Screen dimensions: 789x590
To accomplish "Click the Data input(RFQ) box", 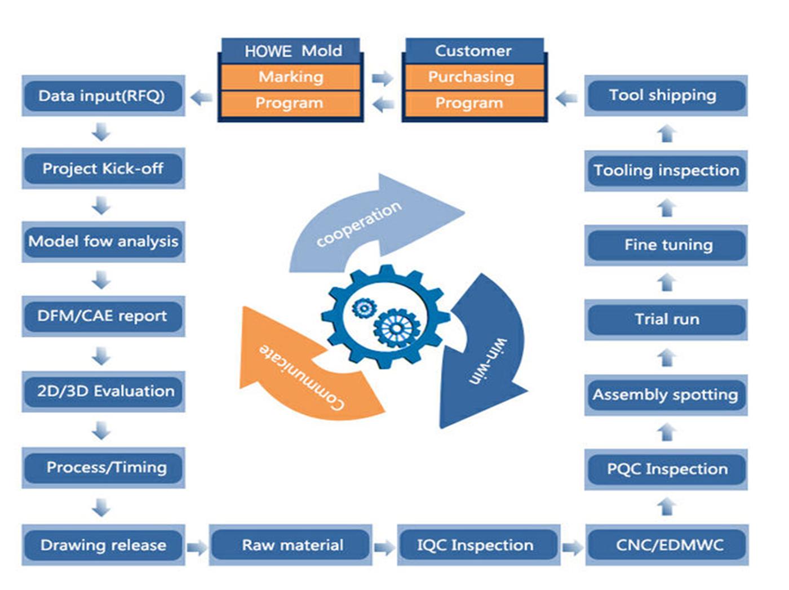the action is pyautogui.click(x=103, y=96).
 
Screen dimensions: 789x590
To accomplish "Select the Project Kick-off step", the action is pyautogui.click(x=103, y=168).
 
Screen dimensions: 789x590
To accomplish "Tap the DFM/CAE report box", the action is pyautogui.click(x=103, y=316).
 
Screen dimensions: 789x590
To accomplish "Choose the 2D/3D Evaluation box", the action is pyautogui.click(x=103, y=391).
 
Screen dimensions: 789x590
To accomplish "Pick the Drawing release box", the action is pyautogui.click(x=103, y=545).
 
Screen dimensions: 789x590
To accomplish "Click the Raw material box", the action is pyautogui.click(x=290, y=545).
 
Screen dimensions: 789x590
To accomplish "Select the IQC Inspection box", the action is pyautogui.click(x=478, y=545).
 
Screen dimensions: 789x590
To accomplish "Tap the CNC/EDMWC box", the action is pyautogui.click(x=667, y=545).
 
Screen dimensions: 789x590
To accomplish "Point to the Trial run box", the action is pyautogui.click(x=666, y=320).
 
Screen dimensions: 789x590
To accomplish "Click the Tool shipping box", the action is pyautogui.click(x=666, y=96).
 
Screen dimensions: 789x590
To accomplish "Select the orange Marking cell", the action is pyautogui.click(x=290, y=77).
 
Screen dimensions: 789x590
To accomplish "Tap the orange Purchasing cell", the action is pyautogui.click(x=475, y=77).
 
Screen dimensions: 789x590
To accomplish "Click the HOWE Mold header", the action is pyautogui.click(x=290, y=51).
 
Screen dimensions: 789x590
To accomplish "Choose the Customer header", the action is pyautogui.click(x=475, y=51).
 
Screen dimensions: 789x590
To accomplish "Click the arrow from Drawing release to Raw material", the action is pyautogui.click(x=197, y=548).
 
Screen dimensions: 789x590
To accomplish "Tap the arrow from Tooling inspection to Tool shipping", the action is pyautogui.click(x=667, y=134).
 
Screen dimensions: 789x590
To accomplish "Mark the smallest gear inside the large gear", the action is pyautogui.click(x=364, y=308).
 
